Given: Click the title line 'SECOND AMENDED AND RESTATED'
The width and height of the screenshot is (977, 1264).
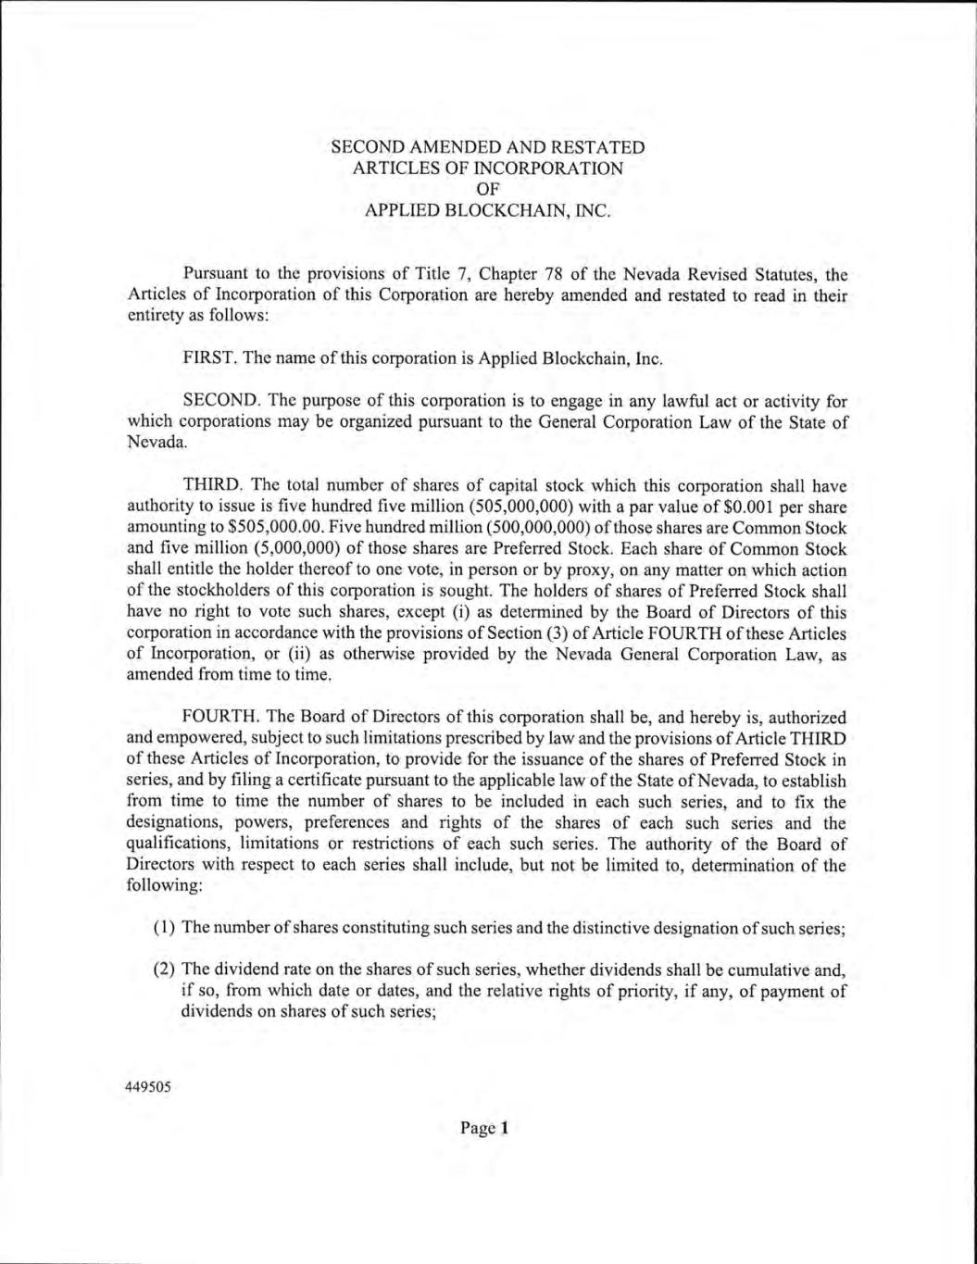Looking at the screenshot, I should [488, 147].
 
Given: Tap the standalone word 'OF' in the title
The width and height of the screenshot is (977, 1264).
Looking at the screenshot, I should [488, 189].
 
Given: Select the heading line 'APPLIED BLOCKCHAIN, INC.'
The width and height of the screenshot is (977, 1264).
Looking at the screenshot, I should [488, 210].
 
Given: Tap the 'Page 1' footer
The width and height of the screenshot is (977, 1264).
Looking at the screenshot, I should [484, 1128].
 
